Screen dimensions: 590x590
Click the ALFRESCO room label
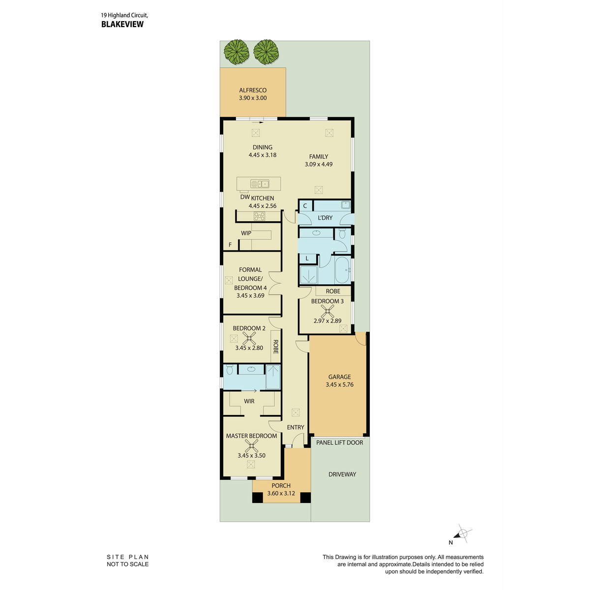(x=253, y=90)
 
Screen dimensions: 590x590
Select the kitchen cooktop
(x=259, y=216)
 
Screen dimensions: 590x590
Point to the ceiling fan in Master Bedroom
(x=251, y=446)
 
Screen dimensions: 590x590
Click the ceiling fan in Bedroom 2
(x=249, y=338)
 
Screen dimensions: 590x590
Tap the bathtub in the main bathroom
(x=342, y=270)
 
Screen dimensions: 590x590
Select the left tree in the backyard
(x=236, y=52)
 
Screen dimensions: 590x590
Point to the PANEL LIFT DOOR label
(x=340, y=442)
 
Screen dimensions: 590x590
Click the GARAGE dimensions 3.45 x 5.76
(x=340, y=384)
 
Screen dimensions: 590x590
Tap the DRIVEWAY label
(x=342, y=474)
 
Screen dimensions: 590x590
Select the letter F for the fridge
(x=230, y=245)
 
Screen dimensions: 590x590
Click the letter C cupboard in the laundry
(x=305, y=206)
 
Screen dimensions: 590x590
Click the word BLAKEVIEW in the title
(x=122, y=25)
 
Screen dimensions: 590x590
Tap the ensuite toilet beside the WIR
(x=230, y=370)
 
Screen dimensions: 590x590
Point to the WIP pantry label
(x=246, y=234)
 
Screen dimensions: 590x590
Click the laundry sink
(x=346, y=205)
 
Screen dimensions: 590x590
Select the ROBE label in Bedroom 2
(x=275, y=347)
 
